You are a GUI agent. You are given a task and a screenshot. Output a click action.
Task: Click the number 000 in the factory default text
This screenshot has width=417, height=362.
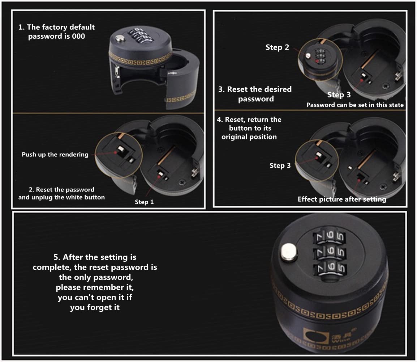click(x=78, y=36)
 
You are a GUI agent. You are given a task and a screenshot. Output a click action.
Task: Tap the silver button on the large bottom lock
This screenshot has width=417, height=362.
click(x=289, y=253)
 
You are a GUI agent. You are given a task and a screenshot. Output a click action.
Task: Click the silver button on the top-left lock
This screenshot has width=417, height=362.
click(x=120, y=39)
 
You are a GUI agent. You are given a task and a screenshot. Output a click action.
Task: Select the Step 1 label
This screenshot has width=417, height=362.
click(x=144, y=202)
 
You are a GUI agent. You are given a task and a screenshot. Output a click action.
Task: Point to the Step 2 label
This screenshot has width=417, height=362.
click(x=277, y=47)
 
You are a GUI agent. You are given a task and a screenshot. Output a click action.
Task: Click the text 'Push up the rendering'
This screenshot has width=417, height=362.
click(x=55, y=155)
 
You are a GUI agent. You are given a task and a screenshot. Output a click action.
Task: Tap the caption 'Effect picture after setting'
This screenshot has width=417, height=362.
click(x=342, y=199)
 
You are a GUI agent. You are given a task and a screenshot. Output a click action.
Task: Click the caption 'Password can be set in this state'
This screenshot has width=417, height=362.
click(x=355, y=105)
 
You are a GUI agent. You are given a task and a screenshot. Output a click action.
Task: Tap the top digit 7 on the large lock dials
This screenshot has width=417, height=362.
click(x=319, y=236)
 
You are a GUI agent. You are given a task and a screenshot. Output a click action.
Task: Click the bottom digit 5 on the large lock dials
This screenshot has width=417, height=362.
click(x=341, y=268)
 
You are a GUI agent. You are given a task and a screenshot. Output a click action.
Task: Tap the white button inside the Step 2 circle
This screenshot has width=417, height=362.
click(x=308, y=56)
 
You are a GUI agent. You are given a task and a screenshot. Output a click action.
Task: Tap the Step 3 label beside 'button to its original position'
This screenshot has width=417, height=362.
click(x=280, y=166)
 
